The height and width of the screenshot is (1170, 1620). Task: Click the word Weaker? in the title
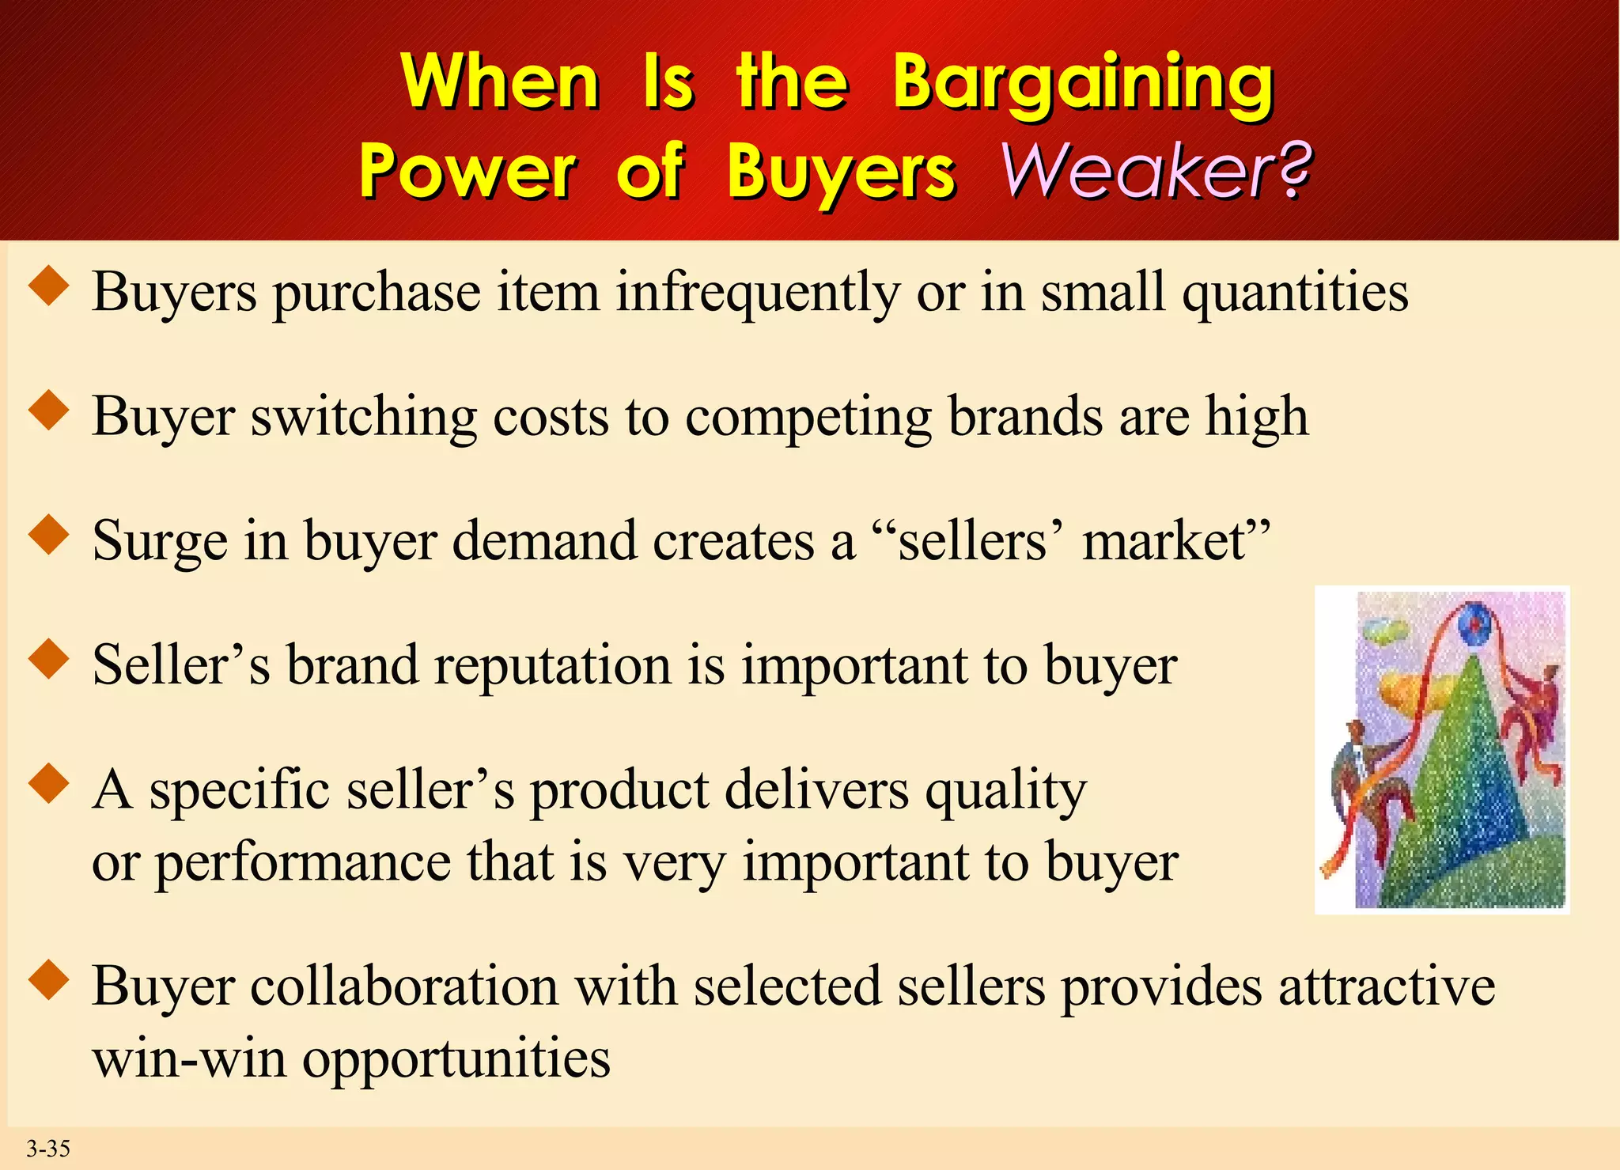pyautogui.click(x=1156, y=169)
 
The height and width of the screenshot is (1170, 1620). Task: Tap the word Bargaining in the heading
pyautogui.click(x=1083, y=82)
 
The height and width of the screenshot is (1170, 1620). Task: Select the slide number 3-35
pyautogui.click(x=48, y=1148)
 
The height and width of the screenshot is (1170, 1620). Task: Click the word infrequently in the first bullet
pyautogui.click(x=757, y=293)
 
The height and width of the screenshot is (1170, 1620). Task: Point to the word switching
pyautogui.click(x=364, y=417)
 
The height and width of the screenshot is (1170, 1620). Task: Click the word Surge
pyautogui.click(x=159, y=542)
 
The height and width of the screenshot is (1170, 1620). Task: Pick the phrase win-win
pyautogui.click(x=189, y=1058)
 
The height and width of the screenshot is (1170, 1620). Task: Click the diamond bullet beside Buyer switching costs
pyautogui.click(x=49, y=410)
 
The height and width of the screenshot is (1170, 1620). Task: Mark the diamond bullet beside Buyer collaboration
pyautogui.click(x=49, y=980)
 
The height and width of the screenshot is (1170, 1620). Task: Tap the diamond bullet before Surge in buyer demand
pyautogui.click(x=49, y=534)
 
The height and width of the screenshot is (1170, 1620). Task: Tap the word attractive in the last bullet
pyautogui.click(x=1386, y=986)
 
